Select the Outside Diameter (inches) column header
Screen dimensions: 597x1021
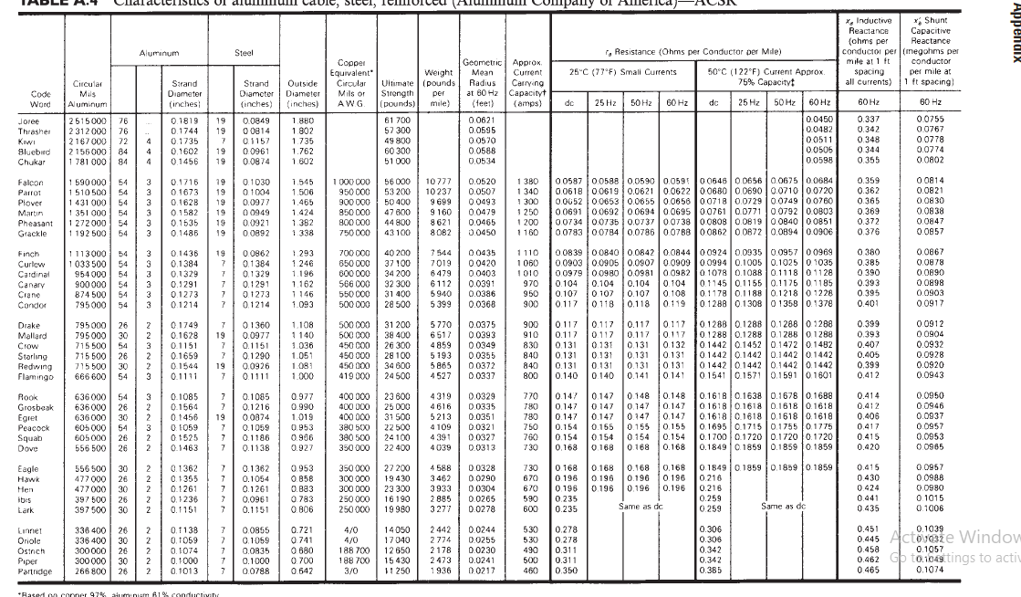(302, 94)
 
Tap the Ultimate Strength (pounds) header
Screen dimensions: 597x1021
(399, 94)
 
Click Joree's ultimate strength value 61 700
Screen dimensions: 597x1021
(400, 119)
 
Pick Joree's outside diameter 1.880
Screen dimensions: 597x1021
(302, 119)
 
